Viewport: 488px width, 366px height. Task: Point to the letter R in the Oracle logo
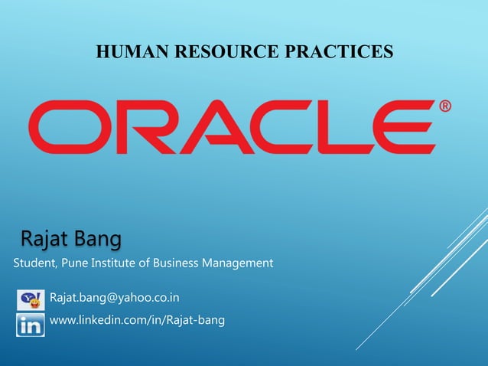(x=138, y=127)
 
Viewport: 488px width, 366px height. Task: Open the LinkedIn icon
(x=31, y=324)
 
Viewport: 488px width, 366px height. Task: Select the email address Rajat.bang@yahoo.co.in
(x=115, y=297)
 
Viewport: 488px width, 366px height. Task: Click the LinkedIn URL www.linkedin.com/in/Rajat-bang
(x=137, y=320)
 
